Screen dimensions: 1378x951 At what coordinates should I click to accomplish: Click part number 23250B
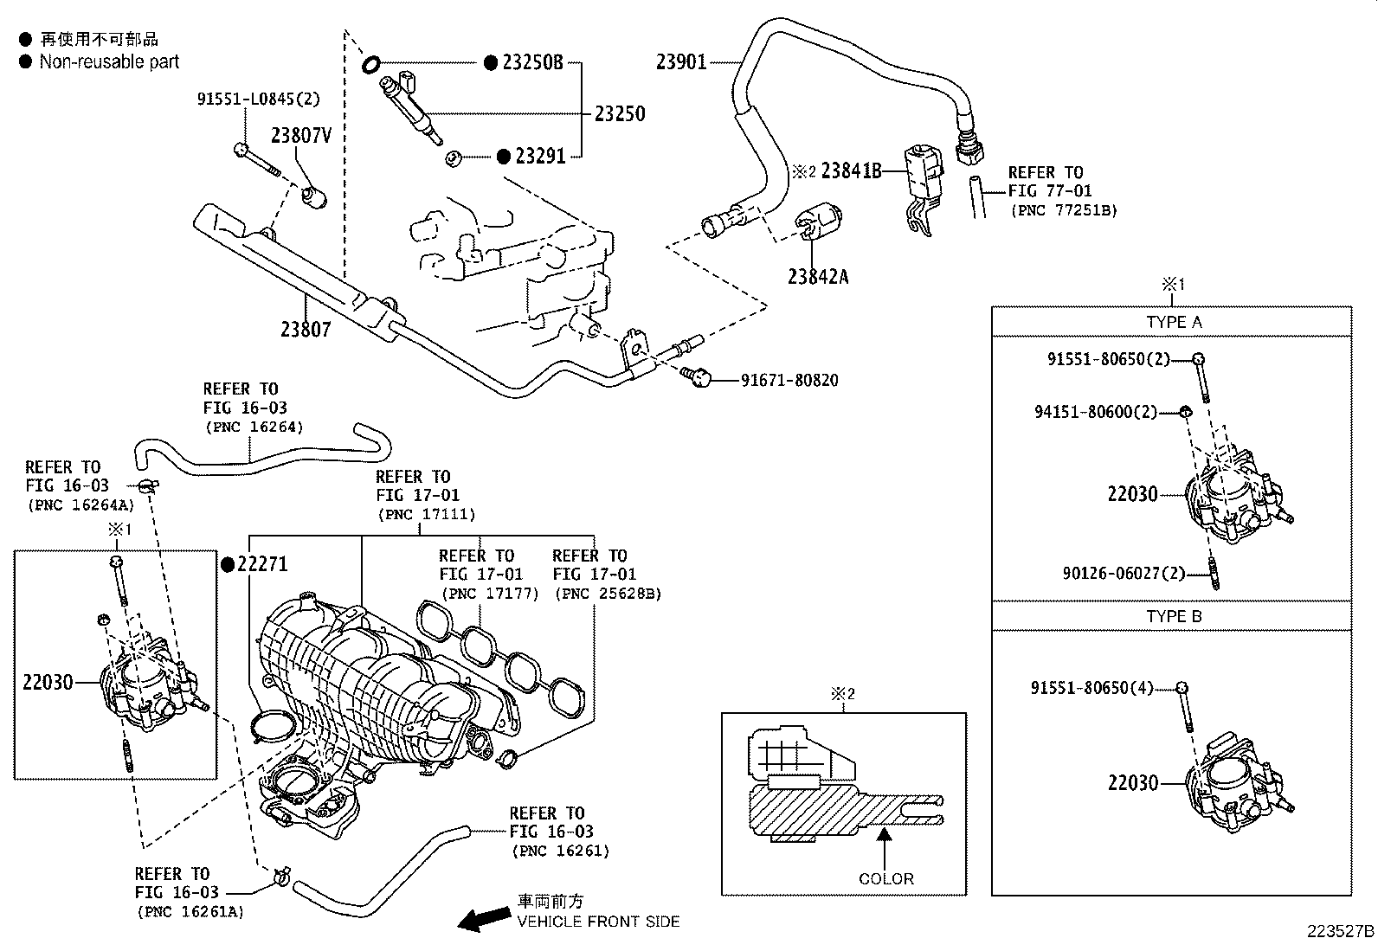532,62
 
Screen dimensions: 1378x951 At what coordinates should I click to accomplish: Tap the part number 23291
540,157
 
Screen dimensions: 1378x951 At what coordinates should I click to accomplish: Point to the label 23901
681,62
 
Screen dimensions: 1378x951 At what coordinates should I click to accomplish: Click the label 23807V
301,135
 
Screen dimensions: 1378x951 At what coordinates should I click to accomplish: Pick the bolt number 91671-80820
789,380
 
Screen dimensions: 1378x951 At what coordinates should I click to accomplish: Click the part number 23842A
818,277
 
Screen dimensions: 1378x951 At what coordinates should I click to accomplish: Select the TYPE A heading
1174,322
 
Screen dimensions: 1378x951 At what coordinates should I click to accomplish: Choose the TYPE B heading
1174,616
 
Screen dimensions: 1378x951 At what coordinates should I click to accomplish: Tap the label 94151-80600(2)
1096,412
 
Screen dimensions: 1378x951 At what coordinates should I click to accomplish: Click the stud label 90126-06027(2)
1124,574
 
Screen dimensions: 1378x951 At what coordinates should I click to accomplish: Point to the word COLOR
885,878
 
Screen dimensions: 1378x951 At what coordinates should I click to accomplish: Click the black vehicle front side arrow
484,919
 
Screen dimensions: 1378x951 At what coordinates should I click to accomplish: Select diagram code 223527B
1341,931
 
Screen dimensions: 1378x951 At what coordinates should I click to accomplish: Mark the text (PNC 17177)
490,594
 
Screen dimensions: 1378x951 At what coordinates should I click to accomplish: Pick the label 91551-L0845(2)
258,99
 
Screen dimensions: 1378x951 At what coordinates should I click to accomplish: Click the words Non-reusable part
109,61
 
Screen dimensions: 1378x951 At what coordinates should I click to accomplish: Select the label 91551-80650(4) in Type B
1092,687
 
